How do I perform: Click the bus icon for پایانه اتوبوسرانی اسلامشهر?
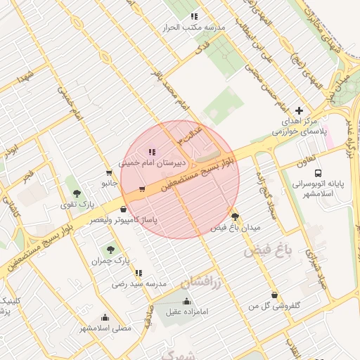click(x=319, y=173)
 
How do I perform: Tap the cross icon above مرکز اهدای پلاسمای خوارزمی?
click(x=300, y=110)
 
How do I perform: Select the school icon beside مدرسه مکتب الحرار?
click(x=194, y=17)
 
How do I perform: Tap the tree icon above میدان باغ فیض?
click(x=234, y=217)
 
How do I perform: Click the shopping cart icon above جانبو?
click(x=108, y=173)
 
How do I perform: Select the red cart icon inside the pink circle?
click(x=142, y=188)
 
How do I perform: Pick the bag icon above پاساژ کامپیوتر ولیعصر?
click(x=124, y=209)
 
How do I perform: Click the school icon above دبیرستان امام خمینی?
click(x=151, y=152)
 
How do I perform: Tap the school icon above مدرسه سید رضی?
click(x=139, y=272)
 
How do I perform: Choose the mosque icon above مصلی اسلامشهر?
click(x=105, y=317)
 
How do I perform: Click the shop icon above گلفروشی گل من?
click(x=274, y=295)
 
